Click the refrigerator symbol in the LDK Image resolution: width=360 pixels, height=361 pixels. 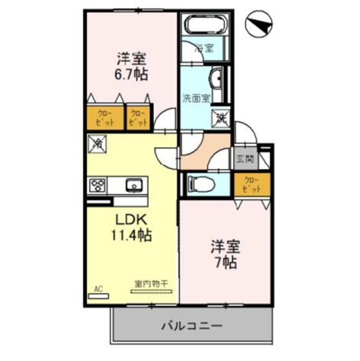pyautogui.click(x=96, y=144)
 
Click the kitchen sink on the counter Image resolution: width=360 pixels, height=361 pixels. pyautogui.click(x=134, y=184)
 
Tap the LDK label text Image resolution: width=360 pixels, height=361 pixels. pyautogui.click(x=131, y=219)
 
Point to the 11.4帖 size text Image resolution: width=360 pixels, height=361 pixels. pyautogui.click(x=131, y=235)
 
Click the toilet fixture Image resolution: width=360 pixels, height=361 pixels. pyautogui.click(x=198, y=182)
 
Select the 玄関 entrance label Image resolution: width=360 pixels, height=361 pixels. pyautogui.click(x=246, y=159)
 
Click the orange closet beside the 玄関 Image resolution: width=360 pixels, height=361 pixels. pyautogui.click(x=252, y=184)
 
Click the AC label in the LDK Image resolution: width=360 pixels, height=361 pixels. pyautogui.click(x=99, y=289)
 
